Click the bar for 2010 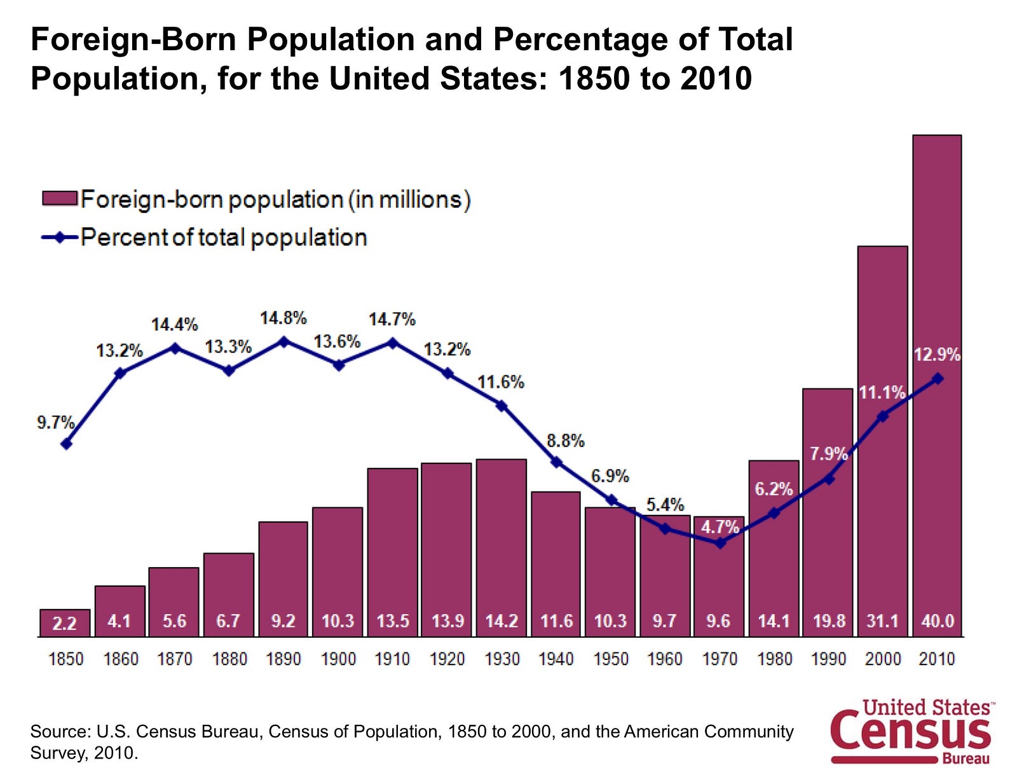(x=937, y=385)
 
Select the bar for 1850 (x=64, y=622)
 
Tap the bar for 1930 (x=501, y=547)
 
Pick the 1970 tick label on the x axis (x=720, y=659)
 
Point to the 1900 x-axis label (x=338, y=659)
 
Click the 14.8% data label (x=283, y=318)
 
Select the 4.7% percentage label (x=720, y=526)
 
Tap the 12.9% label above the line (x=937, y=355)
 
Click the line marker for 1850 (x=66, y=443)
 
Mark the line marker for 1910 (x=392, y=343)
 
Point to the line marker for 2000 (x=883, y=416)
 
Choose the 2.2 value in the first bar (x=64, y=624)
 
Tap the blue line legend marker (x=59, y=237)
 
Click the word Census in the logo (x=911, y=732)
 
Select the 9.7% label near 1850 (x=55, y=422)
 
